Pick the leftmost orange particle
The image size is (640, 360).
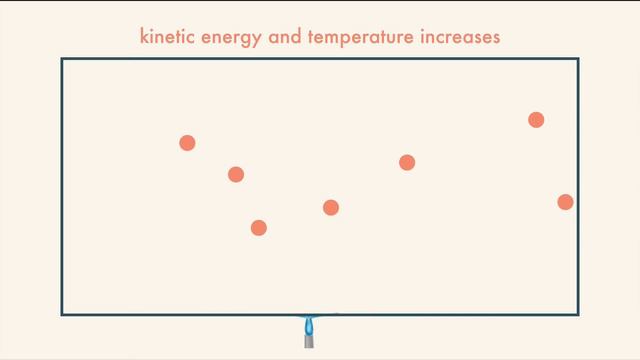(187, 143)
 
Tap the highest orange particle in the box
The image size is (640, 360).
(536, 120)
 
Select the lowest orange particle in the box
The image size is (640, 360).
(258, 228)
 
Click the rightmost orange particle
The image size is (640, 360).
(565, 202)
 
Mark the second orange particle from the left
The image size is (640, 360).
(236, 174)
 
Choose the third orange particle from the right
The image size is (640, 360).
(407, 162)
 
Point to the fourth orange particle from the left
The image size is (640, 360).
(331, 207)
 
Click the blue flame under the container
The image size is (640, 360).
(309, 324)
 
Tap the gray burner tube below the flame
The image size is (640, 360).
(309, 341)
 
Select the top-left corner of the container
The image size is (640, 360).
(62, 59)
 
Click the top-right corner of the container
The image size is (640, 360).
(578, 59)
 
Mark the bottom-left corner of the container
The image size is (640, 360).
(62, 315)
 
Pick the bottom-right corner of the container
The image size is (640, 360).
(578, 315)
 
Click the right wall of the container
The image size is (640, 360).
(578, 150)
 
